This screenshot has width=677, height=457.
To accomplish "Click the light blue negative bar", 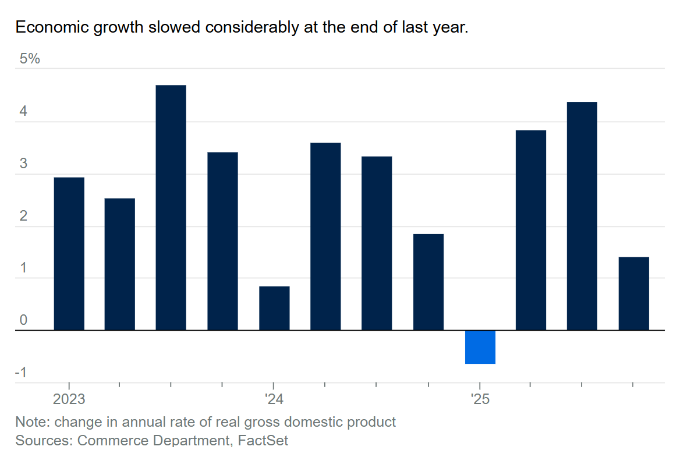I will click(480, 347).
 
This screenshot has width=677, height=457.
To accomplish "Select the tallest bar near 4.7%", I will click(171, 208).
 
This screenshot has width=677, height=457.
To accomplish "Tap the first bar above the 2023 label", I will click(69, 254).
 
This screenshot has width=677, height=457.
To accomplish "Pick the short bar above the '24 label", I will click(274, 309).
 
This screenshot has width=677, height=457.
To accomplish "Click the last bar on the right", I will click(633, 293).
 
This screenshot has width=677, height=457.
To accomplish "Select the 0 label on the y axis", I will click(23, 320).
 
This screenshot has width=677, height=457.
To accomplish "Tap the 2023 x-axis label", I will click(69, 400).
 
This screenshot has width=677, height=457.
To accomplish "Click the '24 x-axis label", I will click(274, 400).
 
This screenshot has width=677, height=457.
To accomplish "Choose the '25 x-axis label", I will click(480, 400).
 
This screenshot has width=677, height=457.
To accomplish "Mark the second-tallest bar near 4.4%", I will click(582, 216).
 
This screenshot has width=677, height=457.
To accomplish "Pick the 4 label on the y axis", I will click(23, 112).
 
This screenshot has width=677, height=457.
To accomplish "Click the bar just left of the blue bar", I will click(428, 282).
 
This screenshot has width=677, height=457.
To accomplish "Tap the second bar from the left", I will click(119, 264).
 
